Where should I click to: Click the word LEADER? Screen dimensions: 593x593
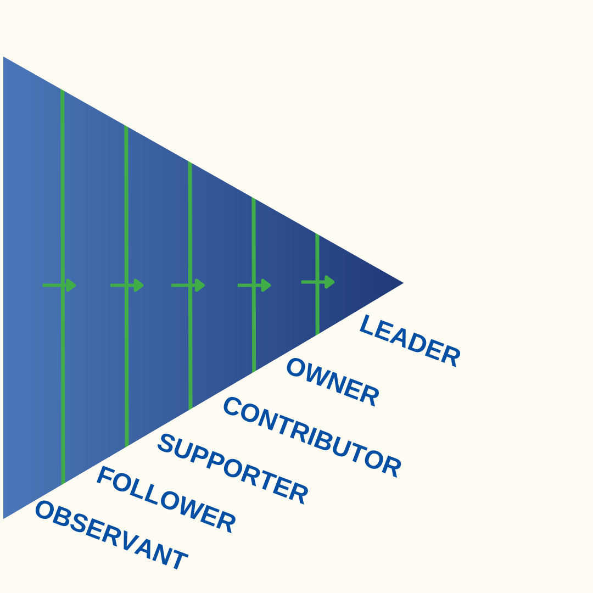click(410, 341)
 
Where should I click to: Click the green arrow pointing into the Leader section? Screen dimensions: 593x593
click(318, 282)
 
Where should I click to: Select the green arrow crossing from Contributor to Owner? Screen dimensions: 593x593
click(255, 285)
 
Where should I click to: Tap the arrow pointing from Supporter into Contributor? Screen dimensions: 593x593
click(189, 285)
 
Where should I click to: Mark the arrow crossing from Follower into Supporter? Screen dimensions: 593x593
click(127, 285)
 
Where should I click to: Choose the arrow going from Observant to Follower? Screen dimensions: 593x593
click(60, 285)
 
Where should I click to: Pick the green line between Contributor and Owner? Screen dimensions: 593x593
click(254, 329)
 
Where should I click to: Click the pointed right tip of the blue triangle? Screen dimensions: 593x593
click(402, 283)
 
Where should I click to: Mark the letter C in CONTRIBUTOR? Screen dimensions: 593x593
click(232, 406)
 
